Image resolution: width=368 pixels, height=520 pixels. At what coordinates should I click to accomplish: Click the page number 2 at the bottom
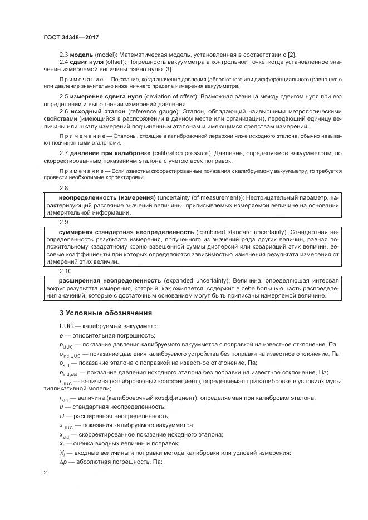click(x=45, y=472)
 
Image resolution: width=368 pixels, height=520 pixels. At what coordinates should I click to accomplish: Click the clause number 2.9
click(x=63, y=221)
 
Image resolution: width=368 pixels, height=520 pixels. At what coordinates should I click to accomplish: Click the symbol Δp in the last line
click(x=62, y=462)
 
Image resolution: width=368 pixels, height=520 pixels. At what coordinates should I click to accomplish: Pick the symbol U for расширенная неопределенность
click(x=62, y=415)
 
